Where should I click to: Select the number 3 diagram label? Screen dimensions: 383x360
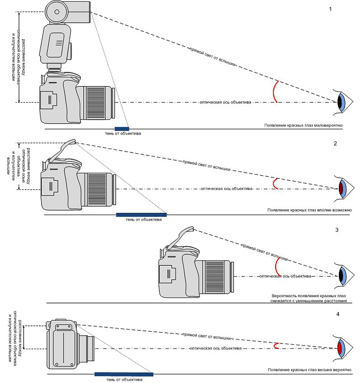[337, 230]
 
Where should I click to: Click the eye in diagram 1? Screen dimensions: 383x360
[343, 102]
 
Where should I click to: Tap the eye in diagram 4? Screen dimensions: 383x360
[343, 349]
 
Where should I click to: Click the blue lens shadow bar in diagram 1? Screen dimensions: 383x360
[122, 127]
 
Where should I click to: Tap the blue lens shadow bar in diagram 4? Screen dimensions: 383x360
[124, 374]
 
